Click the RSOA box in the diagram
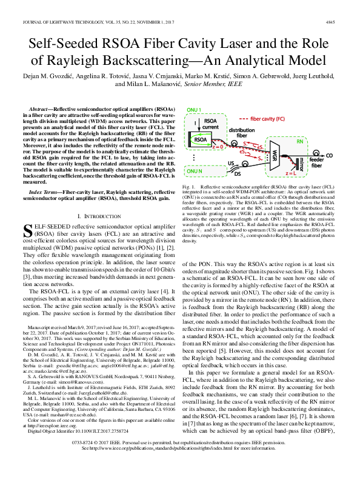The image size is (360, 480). pyautogui.click(x=202, y=141)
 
